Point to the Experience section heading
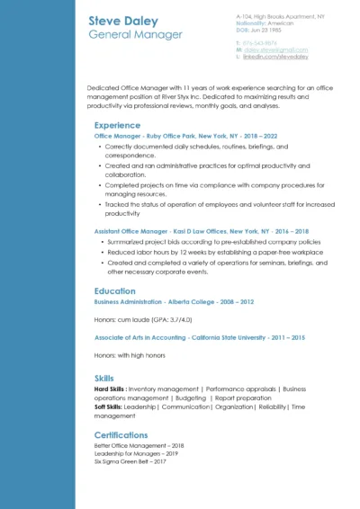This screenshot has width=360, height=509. (x=117, y=125)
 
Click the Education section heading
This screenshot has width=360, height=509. (x=115, y=291)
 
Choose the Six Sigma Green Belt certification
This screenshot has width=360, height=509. (x=130, y=461)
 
